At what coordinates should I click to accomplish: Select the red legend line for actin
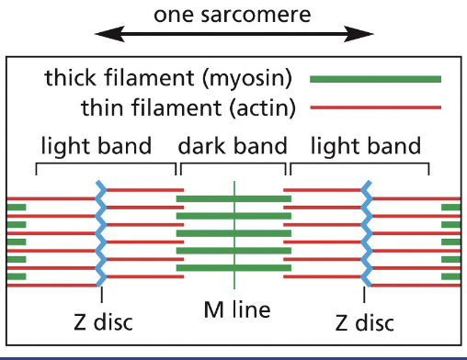[375, 108]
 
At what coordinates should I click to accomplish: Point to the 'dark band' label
[233, 146]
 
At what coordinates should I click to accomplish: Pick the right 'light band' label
[367, 146]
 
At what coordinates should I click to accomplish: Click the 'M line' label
[236, 310]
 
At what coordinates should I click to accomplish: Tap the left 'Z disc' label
[102, 322]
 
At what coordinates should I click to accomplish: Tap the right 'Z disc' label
[364, 322]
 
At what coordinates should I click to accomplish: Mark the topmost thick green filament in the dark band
[233, 198]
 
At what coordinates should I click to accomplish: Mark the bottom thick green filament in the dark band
[233, 267]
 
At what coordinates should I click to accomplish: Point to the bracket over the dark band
[233, 166]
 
